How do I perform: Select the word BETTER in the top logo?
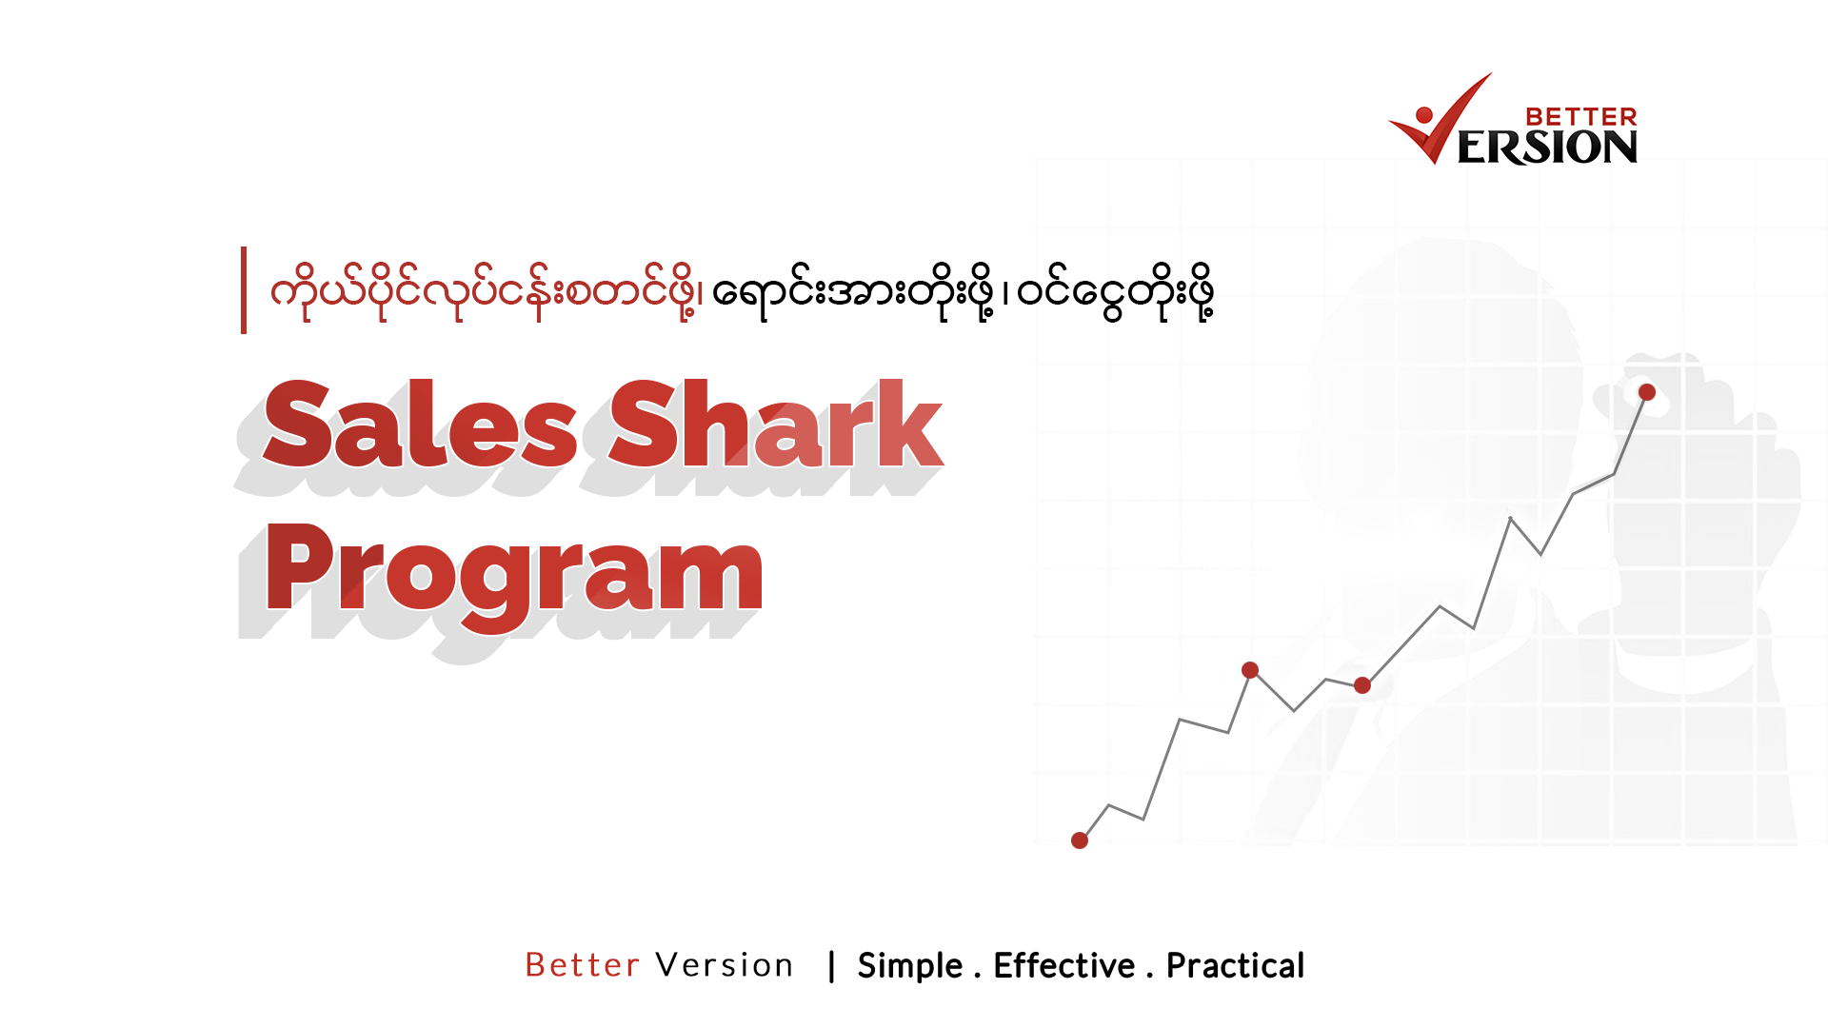(x=1580, y=117)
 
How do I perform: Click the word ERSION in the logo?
(x=1547, y=148)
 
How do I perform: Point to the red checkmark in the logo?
(x=1447, y=119)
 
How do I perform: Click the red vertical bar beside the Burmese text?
(x=244, y=290)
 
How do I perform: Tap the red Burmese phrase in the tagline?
(x=486, y=291)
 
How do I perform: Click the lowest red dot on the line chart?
(x=1080, y=840)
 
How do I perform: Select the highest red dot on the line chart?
(x=1647, y=392)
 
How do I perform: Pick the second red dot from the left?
(x=1250, y=670)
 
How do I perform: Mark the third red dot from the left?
(x=1362, y=685)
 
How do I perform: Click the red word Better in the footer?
(x=582, y=965)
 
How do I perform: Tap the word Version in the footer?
(x=725, y=965)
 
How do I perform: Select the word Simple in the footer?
(x=910, y=966)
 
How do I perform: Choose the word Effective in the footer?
(x=1063, y=966)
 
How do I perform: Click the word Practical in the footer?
(x=1235, y=966)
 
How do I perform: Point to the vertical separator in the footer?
(x=832, y=966)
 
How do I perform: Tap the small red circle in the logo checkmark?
(x=1424, y=115)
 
